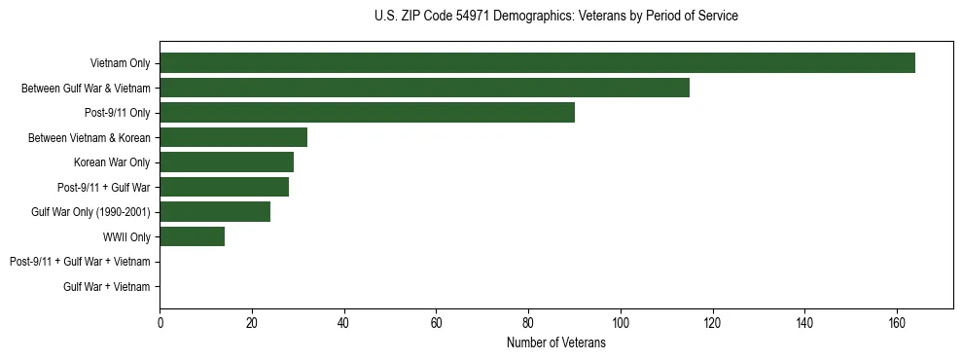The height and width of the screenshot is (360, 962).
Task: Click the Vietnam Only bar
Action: coord(537,63)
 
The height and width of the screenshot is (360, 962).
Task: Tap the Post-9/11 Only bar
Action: coord(367,113)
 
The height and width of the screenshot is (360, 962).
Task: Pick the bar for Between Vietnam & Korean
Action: coord(233,137)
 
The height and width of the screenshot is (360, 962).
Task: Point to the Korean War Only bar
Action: coord(227,162)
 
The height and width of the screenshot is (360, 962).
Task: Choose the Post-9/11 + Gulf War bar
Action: coord(224,187)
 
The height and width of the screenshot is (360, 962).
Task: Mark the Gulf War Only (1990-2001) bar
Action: coord(215,212)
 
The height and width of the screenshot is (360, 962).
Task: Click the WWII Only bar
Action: coord(192,236)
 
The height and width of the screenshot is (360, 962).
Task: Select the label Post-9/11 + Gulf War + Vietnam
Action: coord(80,262)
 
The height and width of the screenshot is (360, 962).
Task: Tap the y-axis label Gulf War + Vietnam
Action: coord(107,286)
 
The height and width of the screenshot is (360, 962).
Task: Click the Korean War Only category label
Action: coord(112,162)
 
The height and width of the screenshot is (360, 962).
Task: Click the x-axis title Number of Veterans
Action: coord(555,342)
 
